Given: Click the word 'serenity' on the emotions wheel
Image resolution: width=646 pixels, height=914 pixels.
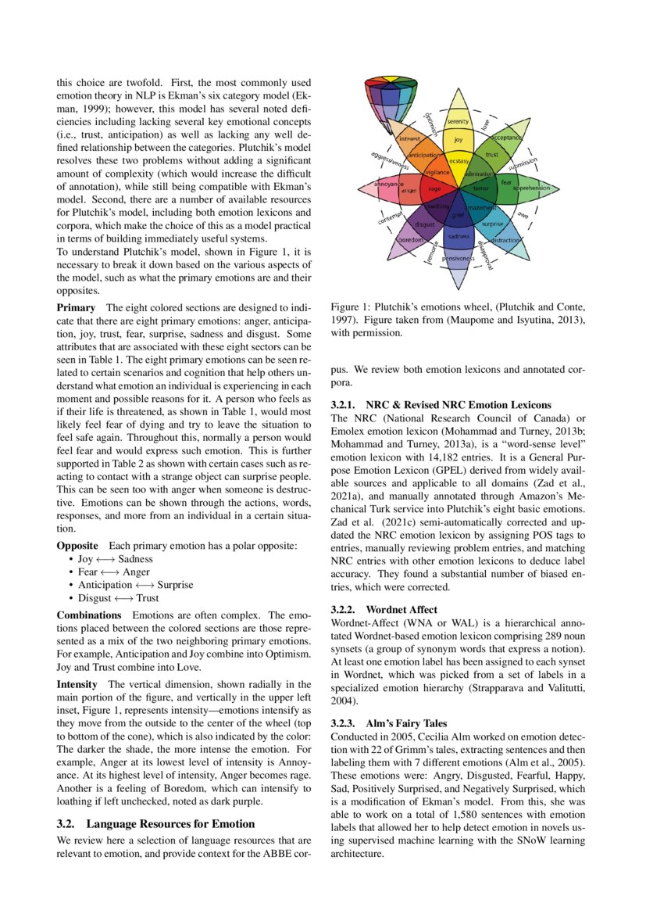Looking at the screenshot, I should tap(459, 123).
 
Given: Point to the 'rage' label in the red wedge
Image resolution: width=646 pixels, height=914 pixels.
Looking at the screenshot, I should tap(435, 188).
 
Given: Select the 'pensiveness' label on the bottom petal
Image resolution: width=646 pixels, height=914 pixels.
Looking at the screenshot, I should tap(459, 258).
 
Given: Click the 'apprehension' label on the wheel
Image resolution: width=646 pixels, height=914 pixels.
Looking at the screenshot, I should tap(531, 188).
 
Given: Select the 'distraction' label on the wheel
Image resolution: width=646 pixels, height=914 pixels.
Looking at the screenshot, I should tap(507, 240).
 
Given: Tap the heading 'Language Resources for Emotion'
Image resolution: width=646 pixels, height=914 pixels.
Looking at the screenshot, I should tap(170, 823).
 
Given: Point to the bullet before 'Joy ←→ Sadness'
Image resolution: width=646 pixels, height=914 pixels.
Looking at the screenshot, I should tap(71, 560).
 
